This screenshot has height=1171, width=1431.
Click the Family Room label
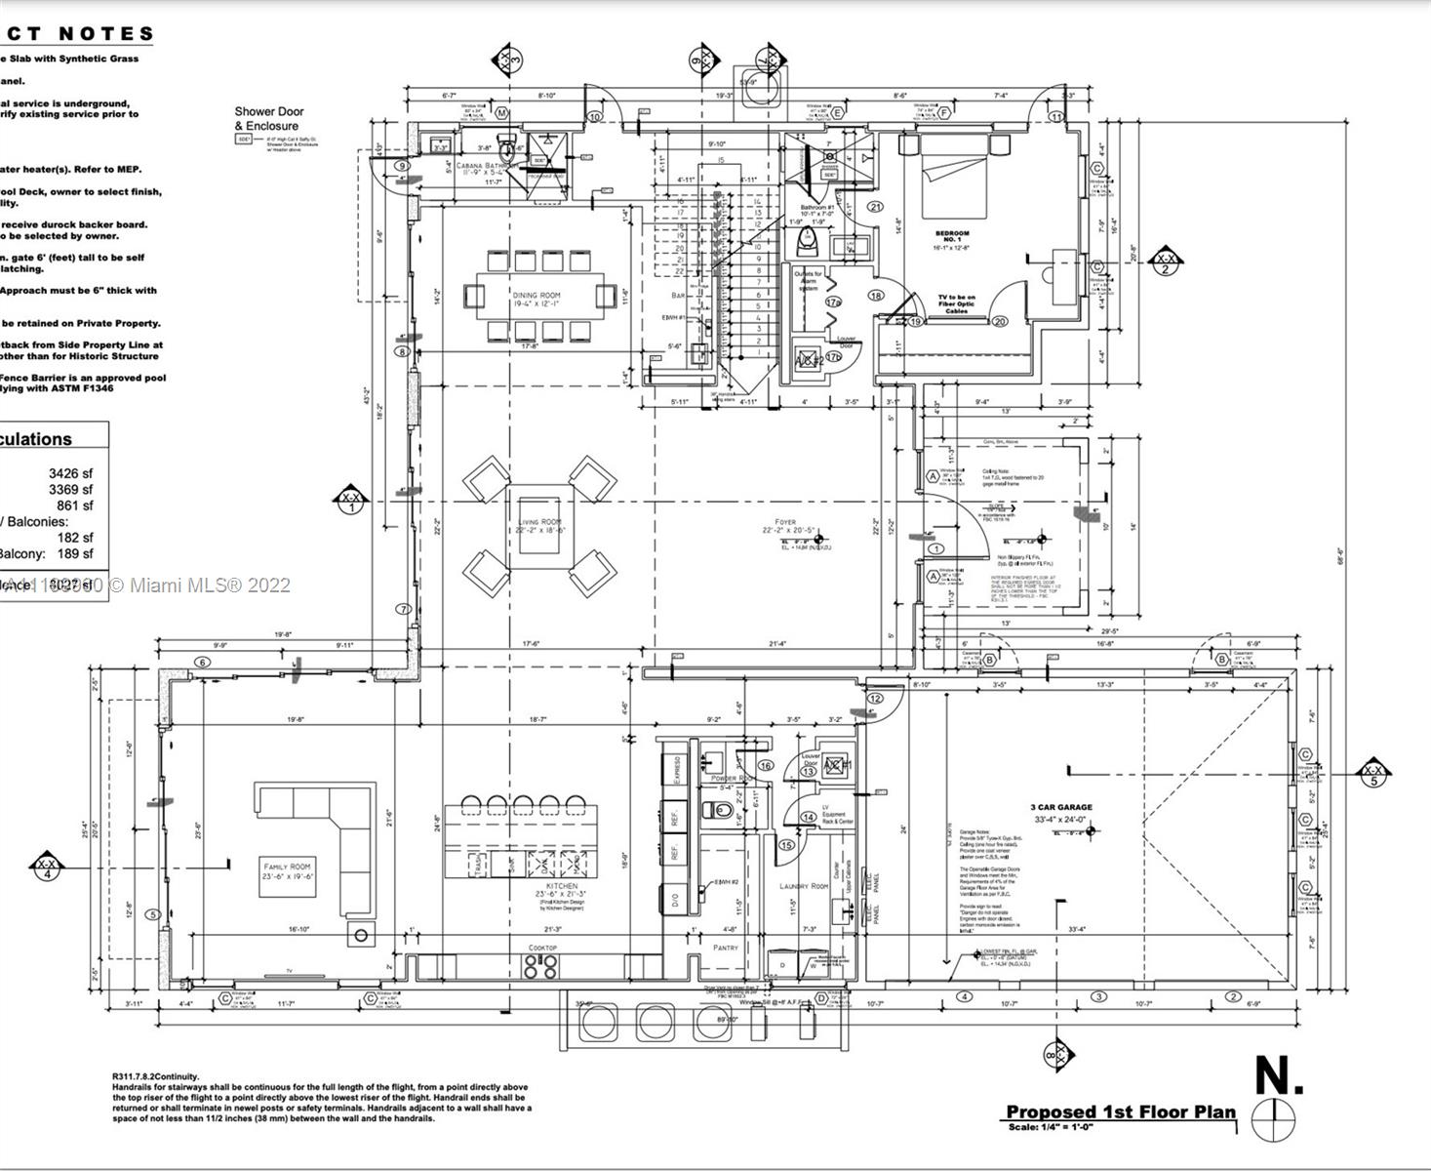[x=287, y=867]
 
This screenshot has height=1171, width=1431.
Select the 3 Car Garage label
[x=1061, y=807]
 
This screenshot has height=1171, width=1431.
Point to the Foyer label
[x=784, y=523]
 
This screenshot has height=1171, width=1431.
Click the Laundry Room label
[x=804, y=886]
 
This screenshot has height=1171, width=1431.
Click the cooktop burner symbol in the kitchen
[x=541, y=966]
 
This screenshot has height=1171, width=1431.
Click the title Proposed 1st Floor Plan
[x=1121, y=1112]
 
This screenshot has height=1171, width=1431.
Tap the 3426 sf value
[x=71, y=473]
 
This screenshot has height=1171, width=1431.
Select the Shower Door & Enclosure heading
[x=268, y=118]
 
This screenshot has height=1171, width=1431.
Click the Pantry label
[x=725, y=948]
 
